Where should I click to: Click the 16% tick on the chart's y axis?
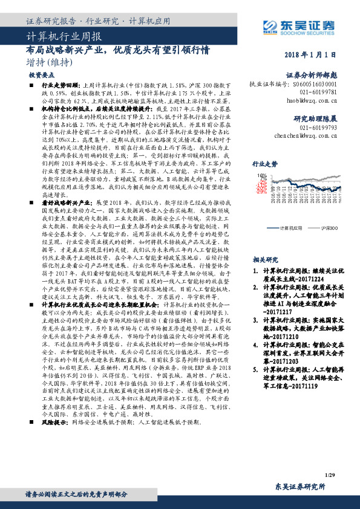pos(263,175)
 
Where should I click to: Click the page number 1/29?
pos(330,477)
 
